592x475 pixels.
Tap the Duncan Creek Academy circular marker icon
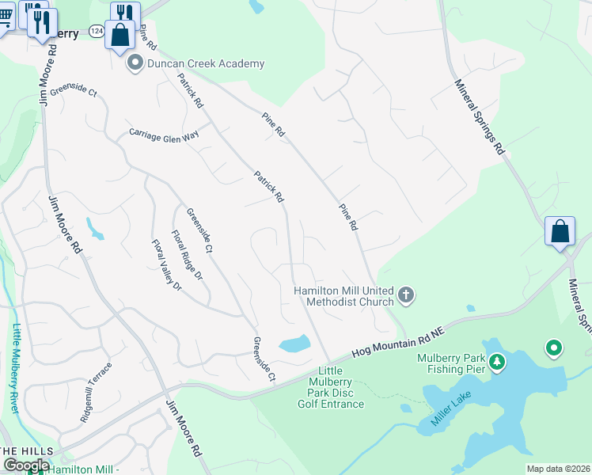[x=135, y=63]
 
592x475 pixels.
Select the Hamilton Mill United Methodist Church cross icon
[x=406, y=296]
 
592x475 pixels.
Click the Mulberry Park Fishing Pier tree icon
[x=496, y=363]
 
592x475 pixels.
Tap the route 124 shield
[x=97, y=30]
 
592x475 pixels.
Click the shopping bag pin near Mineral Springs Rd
[x=560, y=231]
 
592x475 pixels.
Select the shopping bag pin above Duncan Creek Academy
[x=121, y=35]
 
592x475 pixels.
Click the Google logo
[x=26, y=465]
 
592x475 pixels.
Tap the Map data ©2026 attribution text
[x=558, y=469]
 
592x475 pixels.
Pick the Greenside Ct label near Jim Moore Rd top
[x=73, y=93]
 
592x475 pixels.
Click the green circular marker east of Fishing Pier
[x=554, y=348]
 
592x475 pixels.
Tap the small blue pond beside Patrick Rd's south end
[x=294, y=344]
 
